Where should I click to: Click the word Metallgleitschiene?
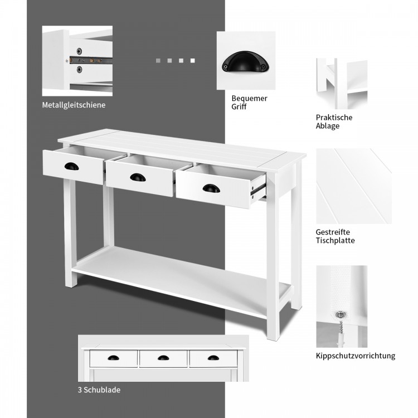[x=74, y=105]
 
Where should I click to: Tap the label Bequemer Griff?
[x=249, y=103]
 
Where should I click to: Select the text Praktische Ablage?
[x=334, y=121]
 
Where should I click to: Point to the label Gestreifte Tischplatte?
[x=335, y=236]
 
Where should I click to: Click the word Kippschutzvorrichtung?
[x=355, y=356]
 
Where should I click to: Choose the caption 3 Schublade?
[x=99, y=390]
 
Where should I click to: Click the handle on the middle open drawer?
[x=138, y=177]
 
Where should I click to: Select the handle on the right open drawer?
[x=211, y=188]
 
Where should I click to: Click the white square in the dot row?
[x=193, y=60]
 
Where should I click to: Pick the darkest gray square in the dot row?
[x=157, y=60]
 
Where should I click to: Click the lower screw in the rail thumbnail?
[x=79, y=70]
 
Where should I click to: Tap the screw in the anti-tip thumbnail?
[x=338, y=316]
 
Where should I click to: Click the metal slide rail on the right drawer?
[x=257, y=188]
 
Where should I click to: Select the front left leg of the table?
[x=70, y=234]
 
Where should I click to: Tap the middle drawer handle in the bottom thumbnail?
[x=164, y=358]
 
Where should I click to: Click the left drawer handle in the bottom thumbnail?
[x=114, y=358]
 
